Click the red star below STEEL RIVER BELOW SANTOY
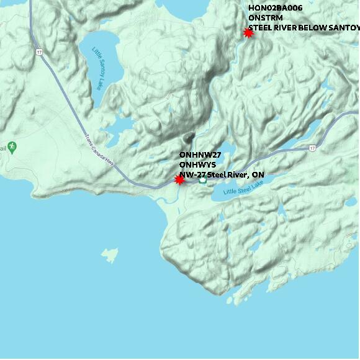248,33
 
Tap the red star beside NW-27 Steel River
179,179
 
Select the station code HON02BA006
275,8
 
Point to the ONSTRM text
265,18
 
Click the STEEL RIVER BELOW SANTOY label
304,28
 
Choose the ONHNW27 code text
200,155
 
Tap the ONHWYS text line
197,164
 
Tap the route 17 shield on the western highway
39,52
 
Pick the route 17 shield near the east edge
312,148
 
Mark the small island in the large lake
109,254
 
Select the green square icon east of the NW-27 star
202,181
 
